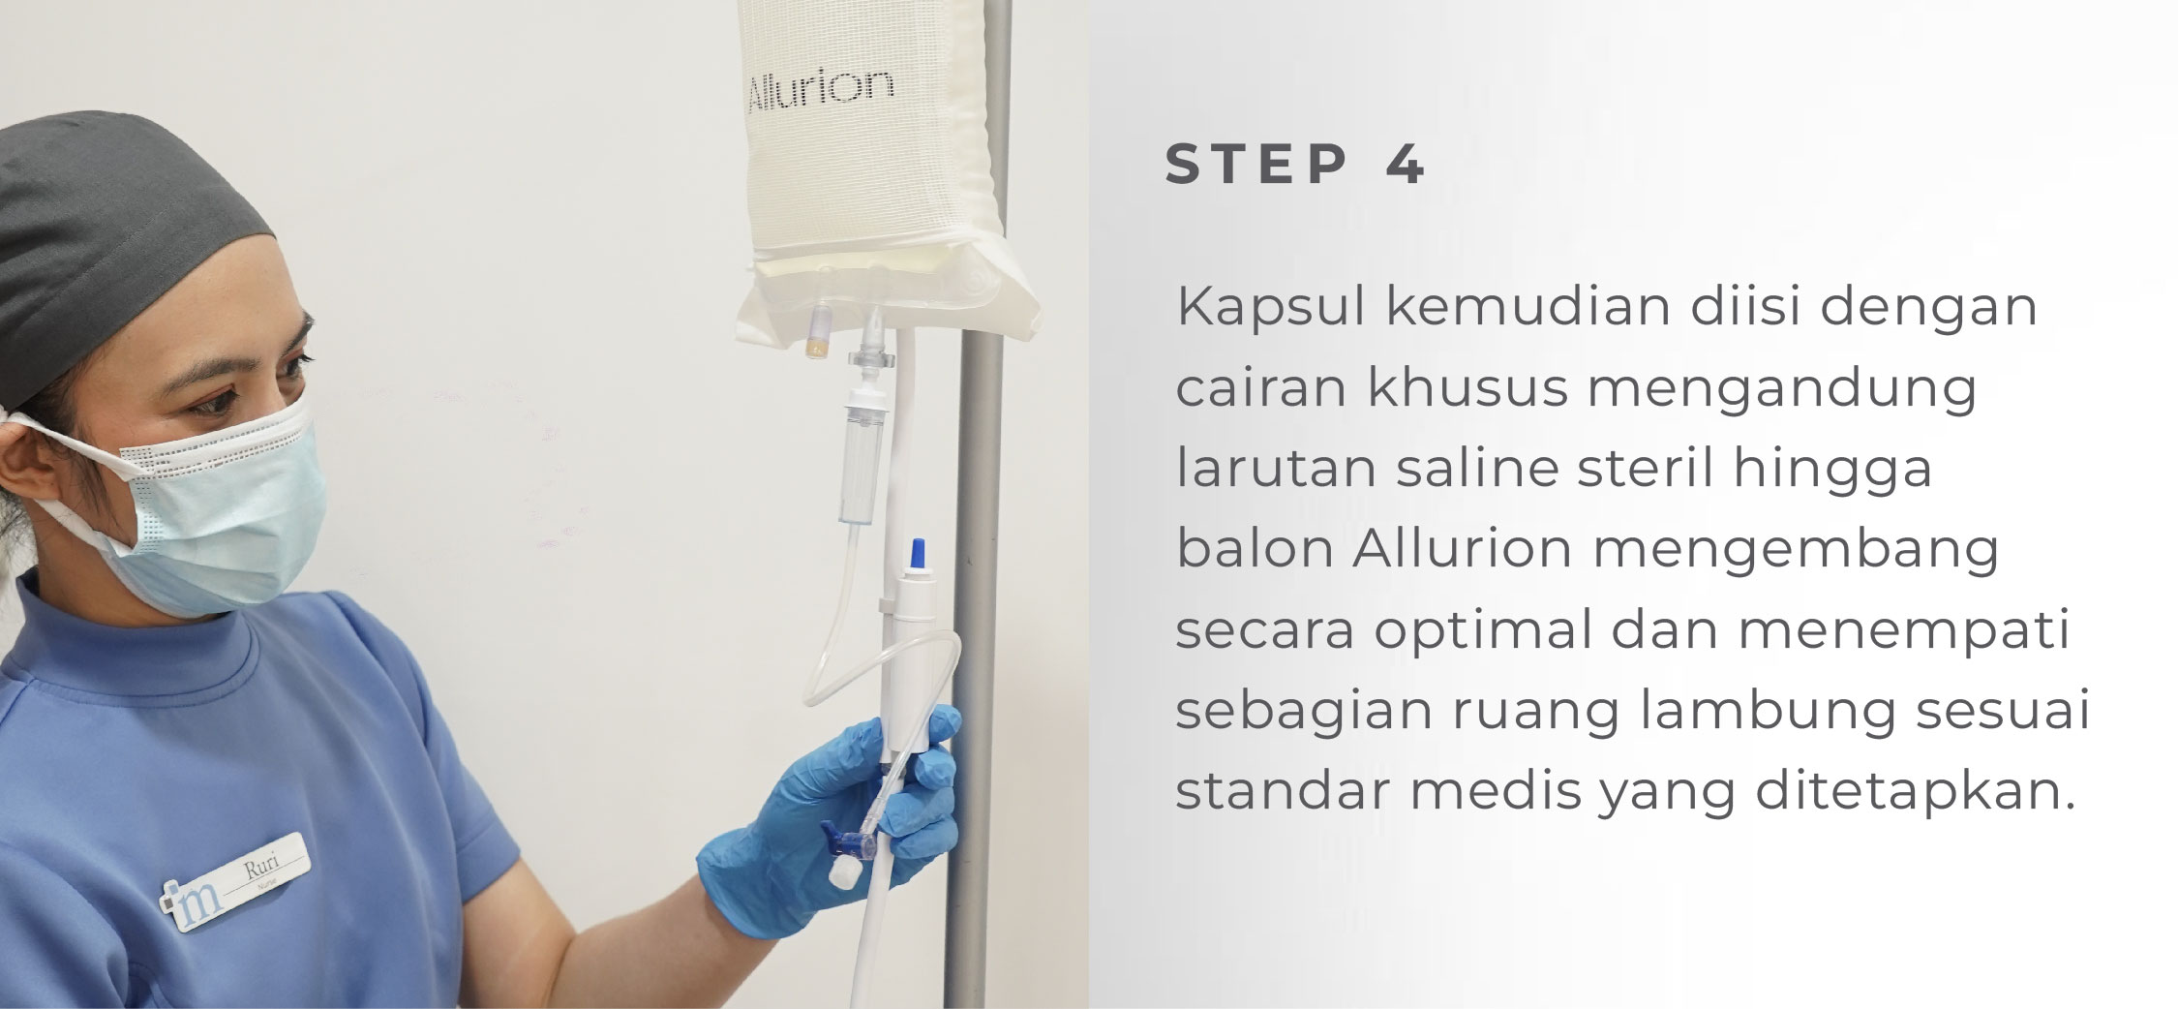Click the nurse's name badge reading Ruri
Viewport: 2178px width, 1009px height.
[x=235, y=882]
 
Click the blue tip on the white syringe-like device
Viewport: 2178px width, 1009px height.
[x=916, y=554]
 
